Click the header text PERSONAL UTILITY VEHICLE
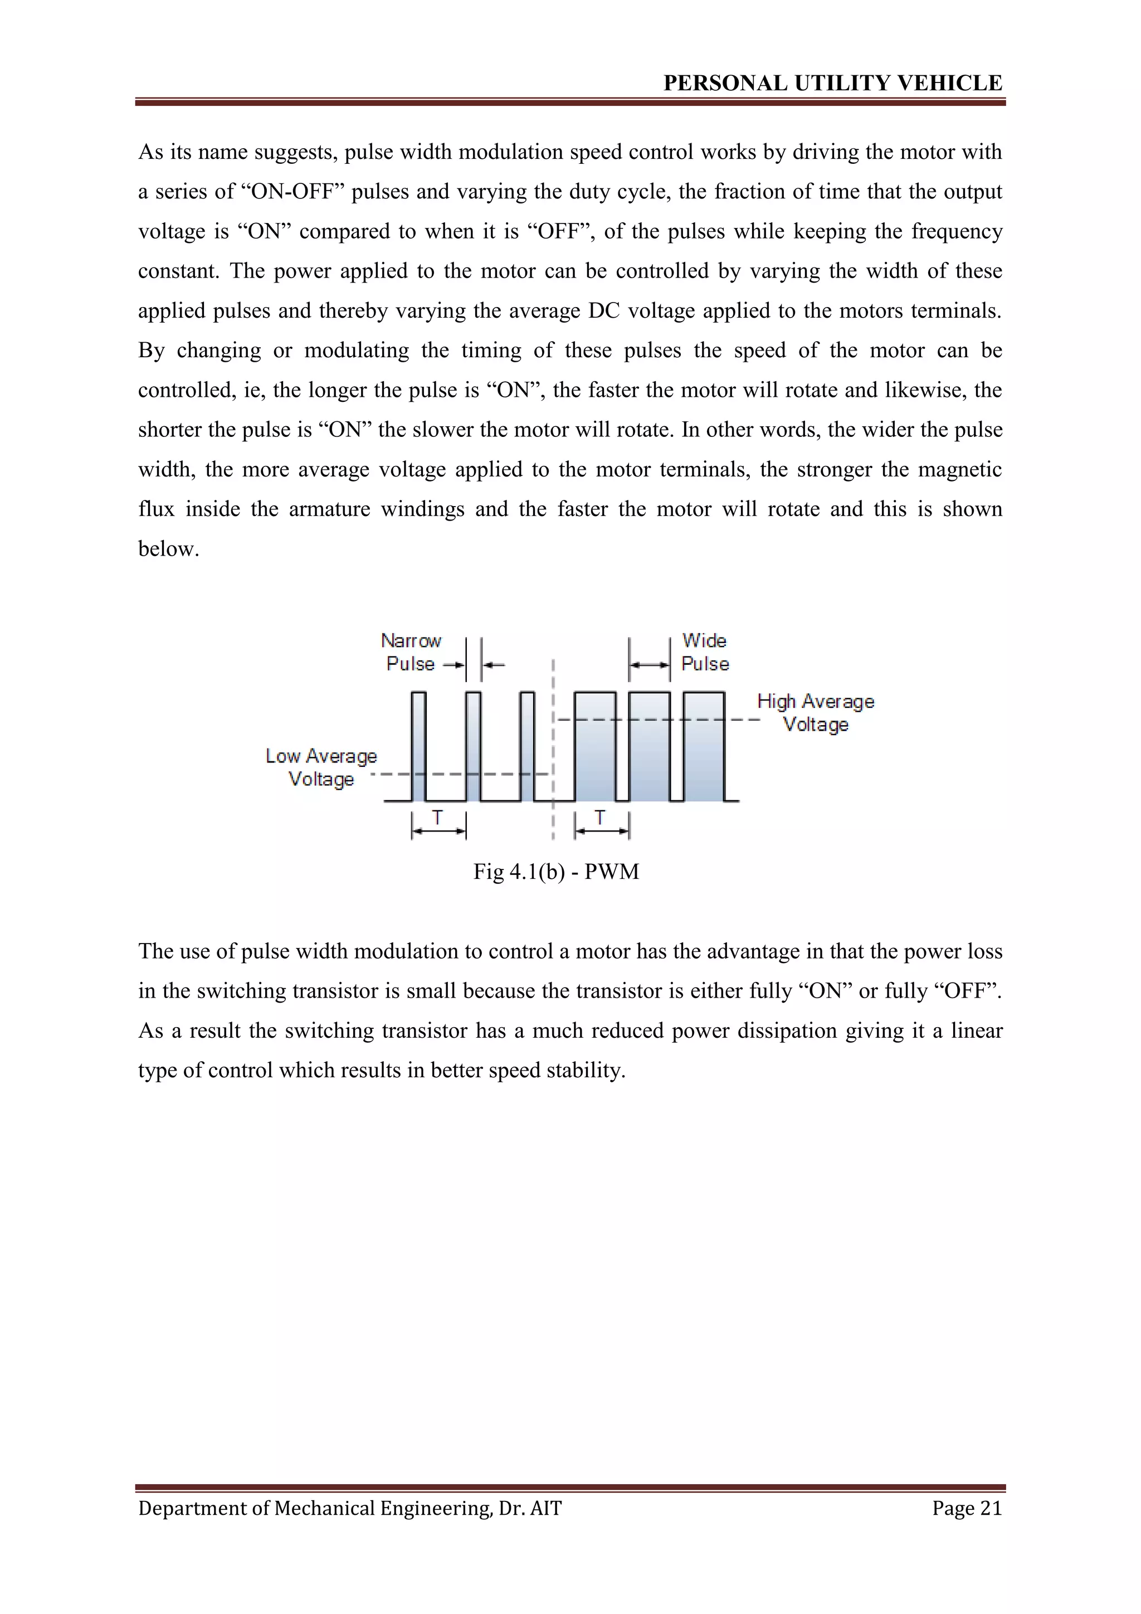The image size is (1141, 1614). tap(832, 83)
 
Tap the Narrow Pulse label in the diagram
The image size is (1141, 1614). tap(411, 653)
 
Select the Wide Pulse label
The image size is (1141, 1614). tap(705, 653)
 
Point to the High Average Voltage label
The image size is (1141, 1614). tap(816, 713)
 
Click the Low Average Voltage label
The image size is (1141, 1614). tap(321, 767)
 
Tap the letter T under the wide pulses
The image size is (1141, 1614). tap(600, 818)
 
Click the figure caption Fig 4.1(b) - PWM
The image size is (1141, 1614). tap(556, 872)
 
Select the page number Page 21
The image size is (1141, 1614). tap(967, 1508)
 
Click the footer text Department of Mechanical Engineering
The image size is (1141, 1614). tap(350, 1508)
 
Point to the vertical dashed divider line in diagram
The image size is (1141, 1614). tap(554, 745)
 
